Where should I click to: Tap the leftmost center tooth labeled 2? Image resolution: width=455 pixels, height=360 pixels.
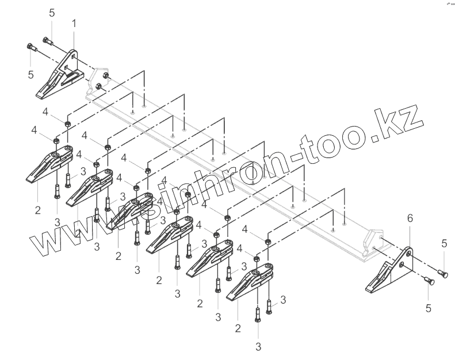coord(49,165)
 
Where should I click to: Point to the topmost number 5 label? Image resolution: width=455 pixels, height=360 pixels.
coord(52,12)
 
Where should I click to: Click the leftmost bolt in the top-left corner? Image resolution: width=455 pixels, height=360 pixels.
coord(31,48)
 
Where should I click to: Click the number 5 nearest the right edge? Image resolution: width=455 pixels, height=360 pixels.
coord(444,243)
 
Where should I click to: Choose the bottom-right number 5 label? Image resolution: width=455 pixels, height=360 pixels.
coord(428,308)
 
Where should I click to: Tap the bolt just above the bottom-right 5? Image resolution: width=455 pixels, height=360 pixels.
coord(428,281)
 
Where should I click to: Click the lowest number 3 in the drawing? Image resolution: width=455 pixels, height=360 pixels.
coord(258,347)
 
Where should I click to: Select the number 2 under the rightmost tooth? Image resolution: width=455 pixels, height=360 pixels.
coord(238,328)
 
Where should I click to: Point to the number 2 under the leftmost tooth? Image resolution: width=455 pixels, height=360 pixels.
coord(37,210)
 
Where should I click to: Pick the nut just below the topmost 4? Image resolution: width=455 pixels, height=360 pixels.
coord(67,124)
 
